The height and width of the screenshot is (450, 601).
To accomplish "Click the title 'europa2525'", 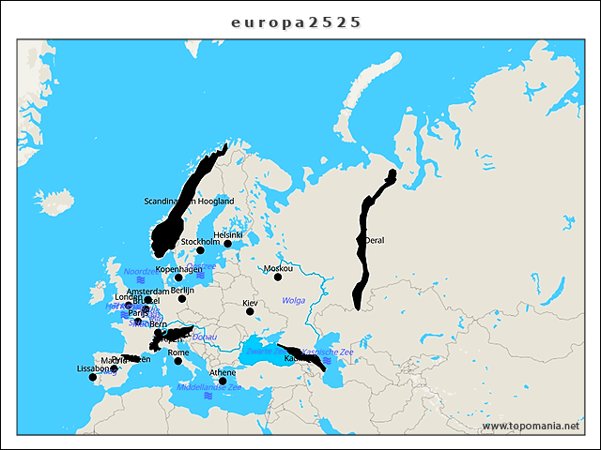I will pyautogui.click(x=296, y=22).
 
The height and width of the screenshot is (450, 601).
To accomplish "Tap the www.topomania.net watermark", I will pyautogui.click(x=531, y=427).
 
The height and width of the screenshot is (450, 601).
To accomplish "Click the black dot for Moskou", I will pyautogui.click(x=278, y=277).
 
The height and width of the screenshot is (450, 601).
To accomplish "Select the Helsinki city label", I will pyautogui.click(x=227, y=234).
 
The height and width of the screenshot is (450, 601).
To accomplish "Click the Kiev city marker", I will pyautogui.click(x=250, y=312).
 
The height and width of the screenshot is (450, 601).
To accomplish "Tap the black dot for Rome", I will pyautogui.click(x=178, y=361).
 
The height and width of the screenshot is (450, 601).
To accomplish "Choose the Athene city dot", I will pyautogui.click(x=223, y=382).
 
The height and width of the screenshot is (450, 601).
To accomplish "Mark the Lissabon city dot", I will pyautogui.click(x=92, y=377).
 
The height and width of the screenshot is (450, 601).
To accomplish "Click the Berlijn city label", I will pyautogui.click(x=182, y=291).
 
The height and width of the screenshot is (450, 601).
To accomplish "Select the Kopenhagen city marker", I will pyautogui.click(x=178, y=277).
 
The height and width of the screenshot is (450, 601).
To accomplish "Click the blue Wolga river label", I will pyautogui.click(x=293, y=300).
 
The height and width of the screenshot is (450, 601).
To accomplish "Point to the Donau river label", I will pyautogui.click(x=204, y=337).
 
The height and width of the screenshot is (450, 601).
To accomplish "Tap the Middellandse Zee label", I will pyautogui.click(x=208, y=386).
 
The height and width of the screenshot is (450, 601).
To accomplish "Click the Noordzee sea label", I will pyautogui.click(x=139, y=271).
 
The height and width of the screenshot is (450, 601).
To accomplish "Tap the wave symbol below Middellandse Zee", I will pyautogui.click(x=208, y=397).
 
